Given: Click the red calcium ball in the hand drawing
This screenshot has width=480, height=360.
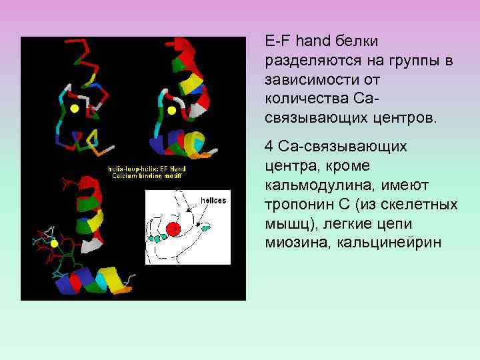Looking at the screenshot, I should pos(174,229).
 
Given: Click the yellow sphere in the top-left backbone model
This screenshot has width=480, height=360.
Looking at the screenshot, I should pos(75,107).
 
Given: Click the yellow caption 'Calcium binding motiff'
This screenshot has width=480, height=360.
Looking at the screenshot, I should pos(147,176).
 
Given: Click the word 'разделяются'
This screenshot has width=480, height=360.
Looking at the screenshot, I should pos(307,61).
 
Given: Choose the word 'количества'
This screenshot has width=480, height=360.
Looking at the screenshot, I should pos(300,100).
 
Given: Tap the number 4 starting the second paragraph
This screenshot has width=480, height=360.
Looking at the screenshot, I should pos(268,146).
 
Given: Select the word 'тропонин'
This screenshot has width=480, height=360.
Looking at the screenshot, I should pos(295,204).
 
